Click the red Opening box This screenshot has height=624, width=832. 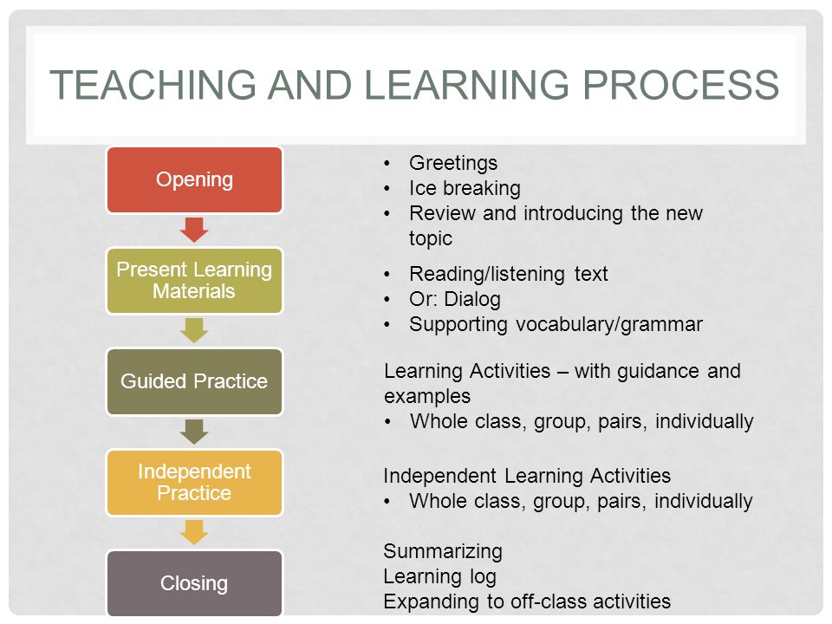tap(194, 180)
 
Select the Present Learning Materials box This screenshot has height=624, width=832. tap(194, 281)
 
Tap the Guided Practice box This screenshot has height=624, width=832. tap(194, 381)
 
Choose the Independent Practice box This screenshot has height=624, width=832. tap(194, 483)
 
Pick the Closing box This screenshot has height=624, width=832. tap(194, 583)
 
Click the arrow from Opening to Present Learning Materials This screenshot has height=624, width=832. tap(195, 230)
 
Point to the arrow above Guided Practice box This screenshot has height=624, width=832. tap(195, 330)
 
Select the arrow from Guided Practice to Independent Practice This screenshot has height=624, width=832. tap(195, 432)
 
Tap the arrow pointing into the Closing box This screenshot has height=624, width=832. tap(195, 532)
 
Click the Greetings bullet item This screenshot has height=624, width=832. tap(453, 163)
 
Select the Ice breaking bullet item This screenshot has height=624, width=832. tap(465, 188)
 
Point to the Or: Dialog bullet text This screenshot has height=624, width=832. tap(454, 300)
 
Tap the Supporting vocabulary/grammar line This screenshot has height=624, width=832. tap(556, 325)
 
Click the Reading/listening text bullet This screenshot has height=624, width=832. tap(509, 275)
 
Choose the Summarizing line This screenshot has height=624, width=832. tap(443, 551)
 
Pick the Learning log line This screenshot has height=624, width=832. tap(439, 576)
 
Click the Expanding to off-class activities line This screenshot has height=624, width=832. tap(527, 601)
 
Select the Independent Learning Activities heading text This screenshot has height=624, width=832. tap(527, 476)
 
